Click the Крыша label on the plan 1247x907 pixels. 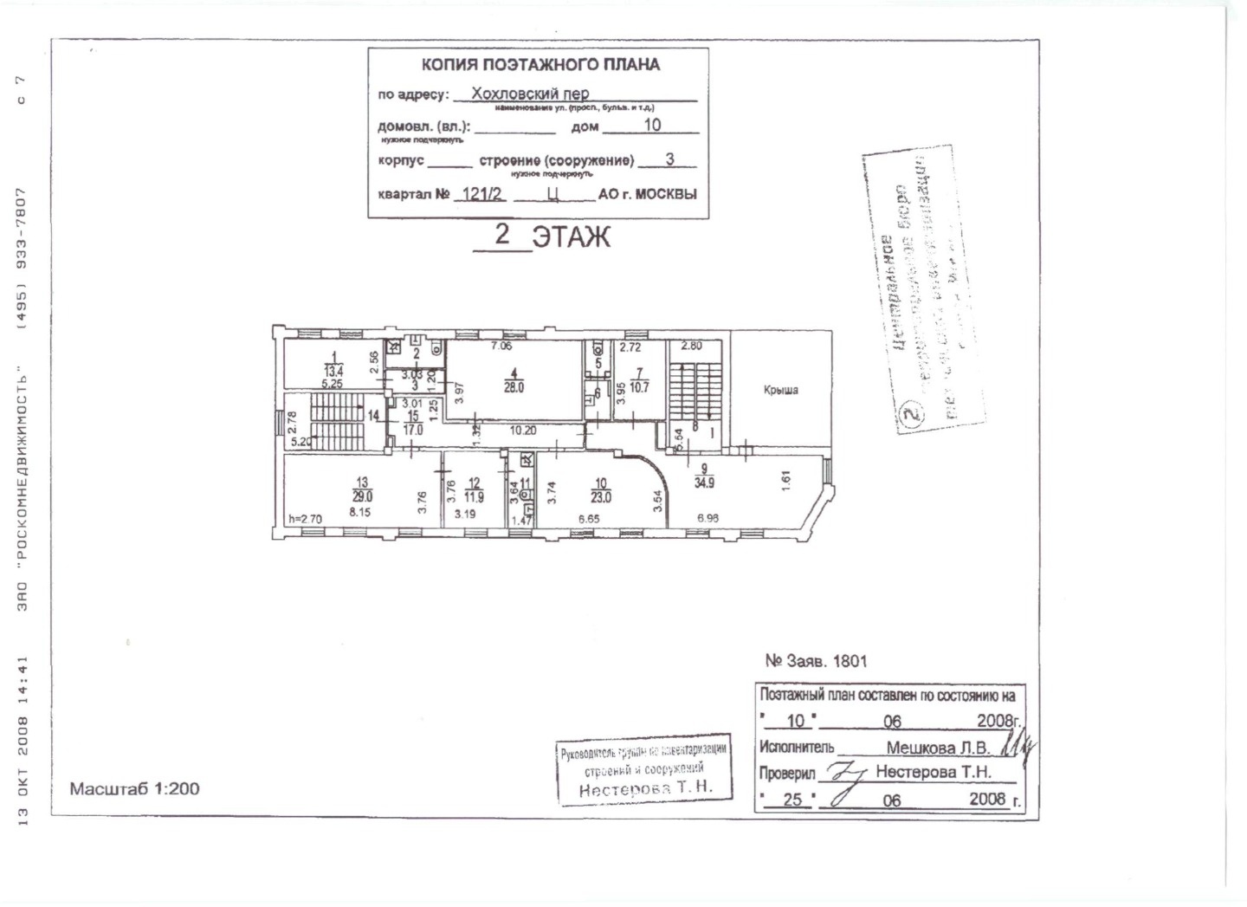(780, 391)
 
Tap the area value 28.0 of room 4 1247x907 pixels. (514, 388)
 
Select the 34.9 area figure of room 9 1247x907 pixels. (705, 482)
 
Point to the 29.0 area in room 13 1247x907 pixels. (362, 497)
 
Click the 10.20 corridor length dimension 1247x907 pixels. (521, 430)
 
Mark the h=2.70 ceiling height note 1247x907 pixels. (304, 520)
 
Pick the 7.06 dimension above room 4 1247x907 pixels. (502, 347)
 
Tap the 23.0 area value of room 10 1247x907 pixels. (601, 497)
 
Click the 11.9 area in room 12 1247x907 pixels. (474, 497)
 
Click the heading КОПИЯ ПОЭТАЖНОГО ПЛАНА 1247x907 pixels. (540, 64)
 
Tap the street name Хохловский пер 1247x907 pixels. (530, 94)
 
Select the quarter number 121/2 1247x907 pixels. (482, 194)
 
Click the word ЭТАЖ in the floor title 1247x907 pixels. (571, 236)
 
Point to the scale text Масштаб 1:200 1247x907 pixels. (134, 789)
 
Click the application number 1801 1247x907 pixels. (850, 661)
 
